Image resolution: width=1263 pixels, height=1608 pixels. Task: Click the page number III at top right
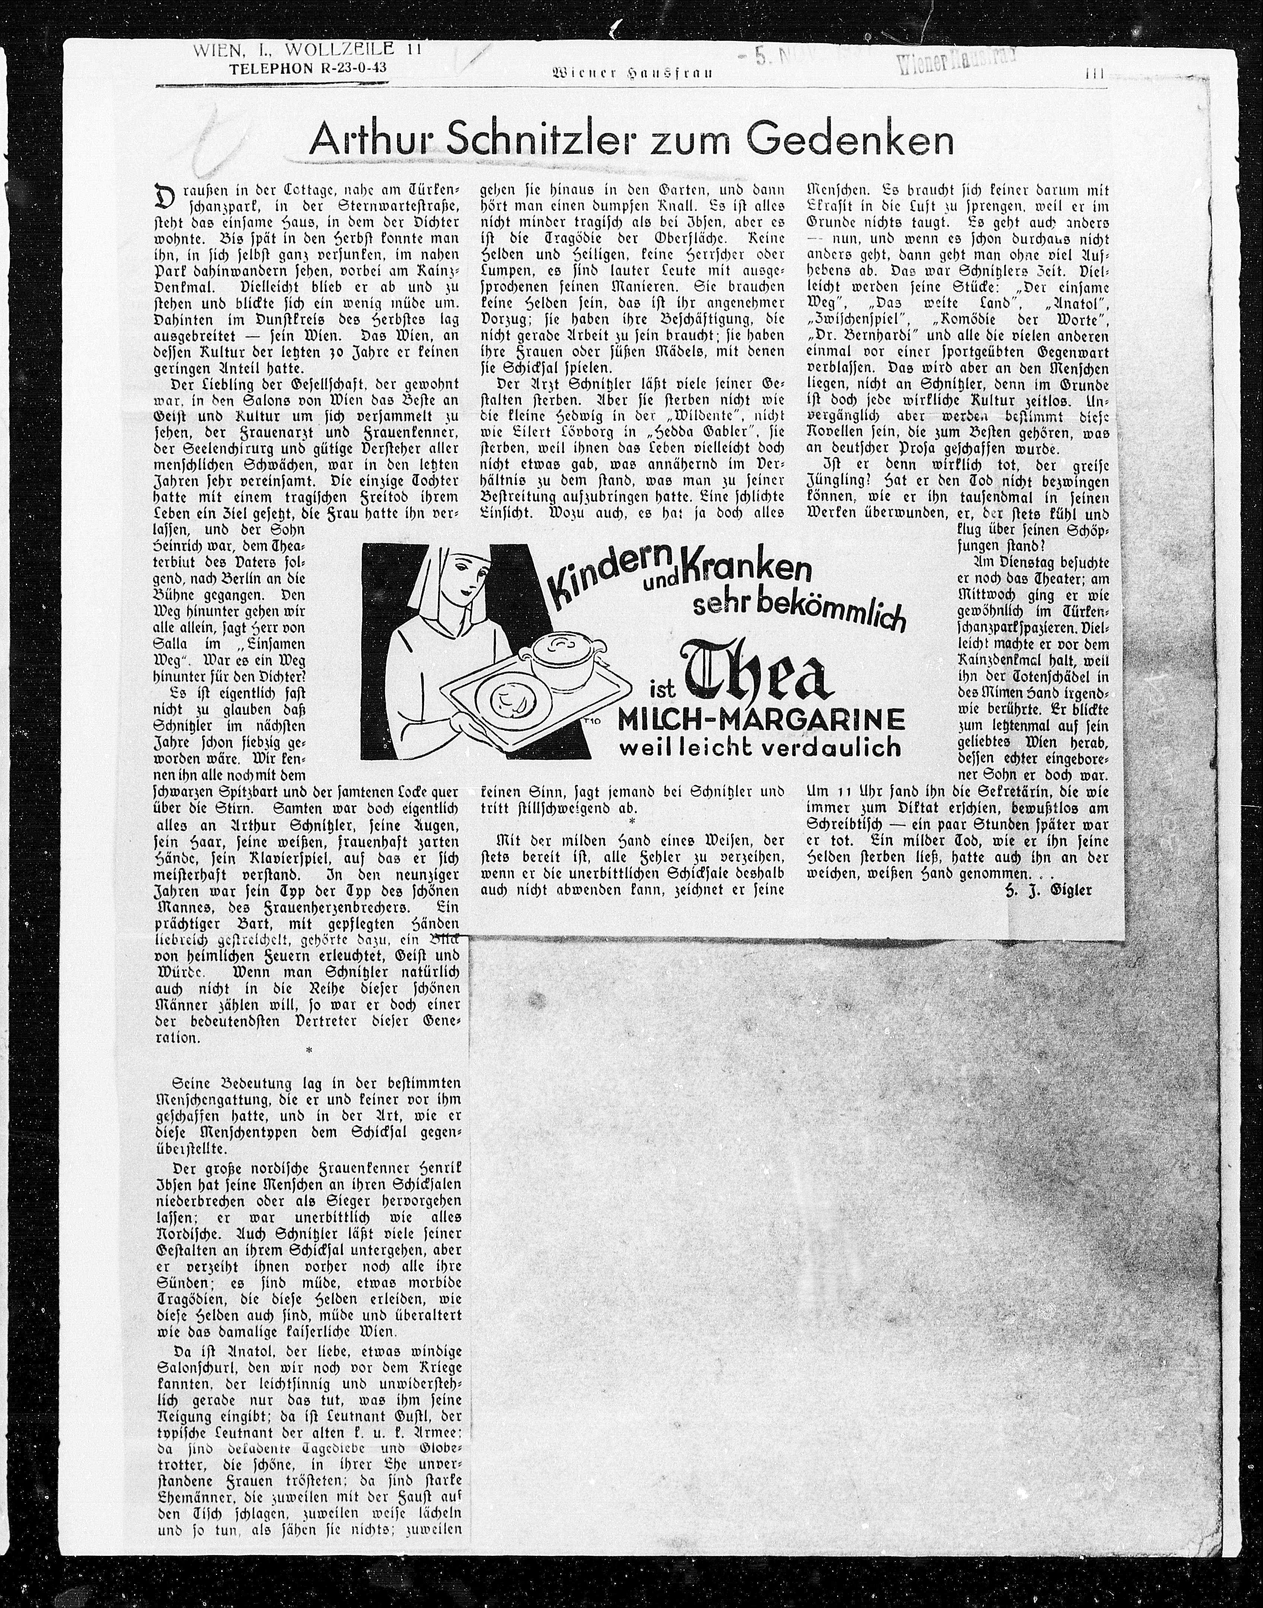coord(1094,73)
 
